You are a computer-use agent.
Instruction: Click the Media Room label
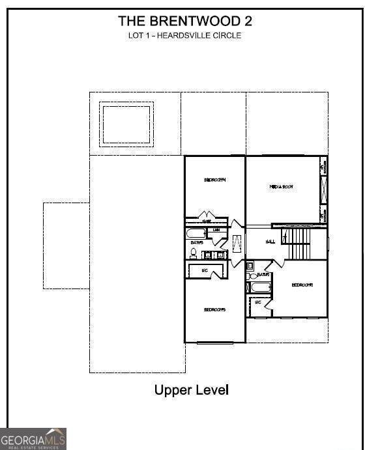(282, 187)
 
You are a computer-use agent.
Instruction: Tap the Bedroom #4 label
(214, 180)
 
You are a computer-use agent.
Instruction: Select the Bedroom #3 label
(214, 309)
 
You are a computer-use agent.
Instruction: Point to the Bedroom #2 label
(302, 285)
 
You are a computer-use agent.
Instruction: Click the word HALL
(270, 242)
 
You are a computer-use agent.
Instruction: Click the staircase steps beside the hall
(300, 243)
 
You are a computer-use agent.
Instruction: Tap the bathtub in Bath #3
(196, 233)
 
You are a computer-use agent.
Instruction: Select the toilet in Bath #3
(194, 253)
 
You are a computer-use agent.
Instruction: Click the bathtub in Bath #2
(261, 287)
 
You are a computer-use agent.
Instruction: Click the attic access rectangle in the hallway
(236, 244)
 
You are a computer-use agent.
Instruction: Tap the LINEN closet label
(216, 230)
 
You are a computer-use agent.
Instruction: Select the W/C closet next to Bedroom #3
(205, 270)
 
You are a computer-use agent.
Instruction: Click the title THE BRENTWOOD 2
(185, 21)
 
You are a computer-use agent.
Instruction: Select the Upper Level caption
(192, 390)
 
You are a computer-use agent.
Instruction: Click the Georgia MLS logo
(33, 439)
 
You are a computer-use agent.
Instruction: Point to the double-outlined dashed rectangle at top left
(126, 124)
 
